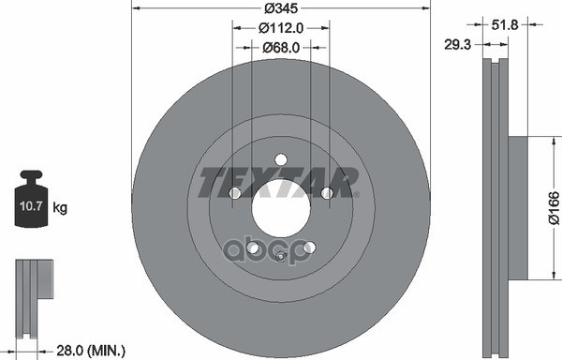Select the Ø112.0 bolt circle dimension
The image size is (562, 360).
[x=280, y=27]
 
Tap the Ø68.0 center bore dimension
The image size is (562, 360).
[x=280, y=48]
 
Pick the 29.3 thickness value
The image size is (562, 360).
[x=459, y=43]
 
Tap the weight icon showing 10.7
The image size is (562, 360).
[x=33, y=200]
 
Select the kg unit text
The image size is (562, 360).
[x=60, y=207]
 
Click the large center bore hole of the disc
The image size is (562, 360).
[x=280, y=215]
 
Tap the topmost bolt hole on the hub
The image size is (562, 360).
[x=281, y=160]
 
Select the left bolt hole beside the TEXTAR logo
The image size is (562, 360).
[x=235, y=193]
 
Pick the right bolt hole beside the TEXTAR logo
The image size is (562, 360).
[x=326, y=193]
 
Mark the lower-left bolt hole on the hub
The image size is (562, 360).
[x=253, y=247]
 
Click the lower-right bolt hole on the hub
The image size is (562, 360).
[x=309, y=247]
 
